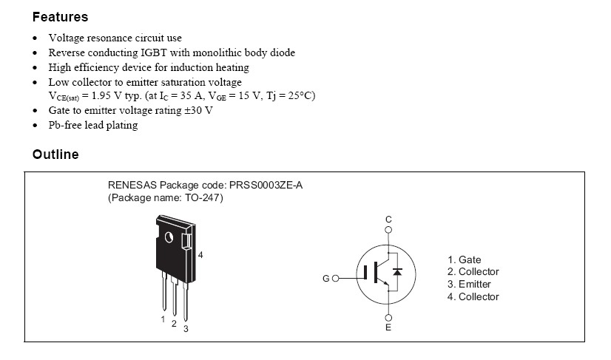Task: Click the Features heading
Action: click(x=60, y=16)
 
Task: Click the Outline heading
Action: click(x=55, y=154)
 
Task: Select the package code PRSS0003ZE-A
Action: click(x=265, y=186)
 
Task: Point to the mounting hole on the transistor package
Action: click(x=169, y=238)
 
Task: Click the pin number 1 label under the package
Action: click(x=163, y=319)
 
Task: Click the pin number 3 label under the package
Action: click(x=186, y=328)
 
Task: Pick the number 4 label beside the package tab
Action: click(x=200, y=254)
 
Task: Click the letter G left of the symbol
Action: click(x=325, y=279)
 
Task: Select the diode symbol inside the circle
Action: click(x=397, y=272)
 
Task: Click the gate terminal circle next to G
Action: click(x=335, y=279)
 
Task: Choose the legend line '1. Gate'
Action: click(x=465, y=259)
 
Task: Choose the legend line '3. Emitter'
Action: click(x=469, y=284)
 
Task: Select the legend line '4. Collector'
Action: click(x=473, y=296)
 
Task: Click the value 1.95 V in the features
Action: click(x=107, y=96)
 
